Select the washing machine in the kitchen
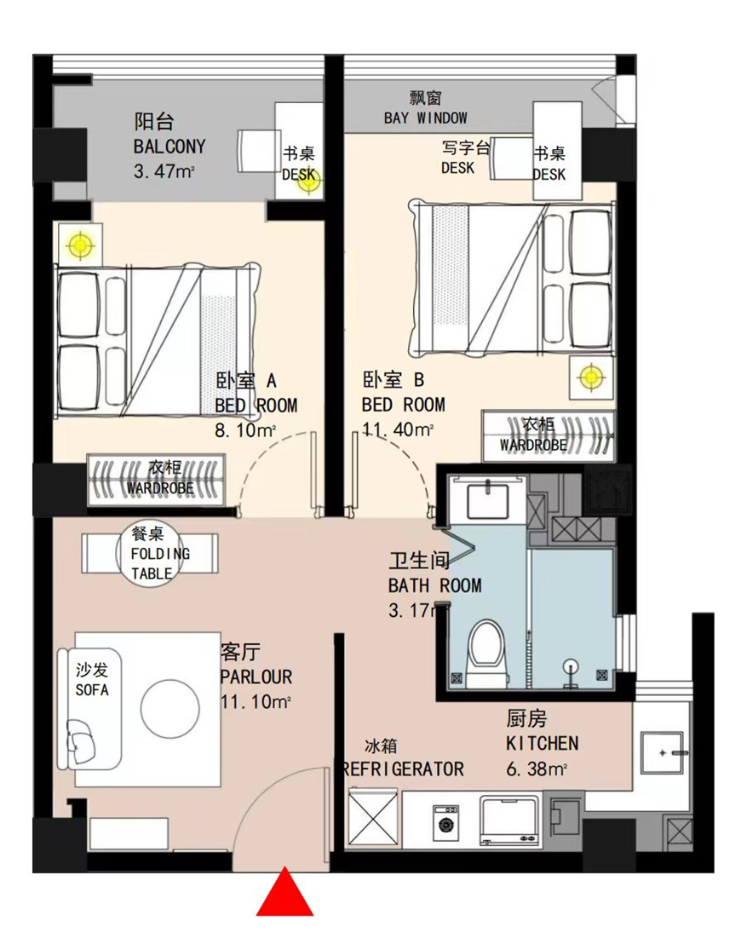pos(445,823)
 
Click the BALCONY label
pos(169,147)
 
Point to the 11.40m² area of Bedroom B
pos(397,429)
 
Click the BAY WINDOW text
pos(425,118)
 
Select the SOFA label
pos(92,690)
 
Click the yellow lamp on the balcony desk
pos(308,181)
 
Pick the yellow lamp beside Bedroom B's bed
pos(590,377)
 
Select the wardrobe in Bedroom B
pos(548,435)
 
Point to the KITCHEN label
pos(542,744)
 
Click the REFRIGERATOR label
pos(403,769)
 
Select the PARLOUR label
pos(256,677)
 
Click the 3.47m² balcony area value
pos(164,172)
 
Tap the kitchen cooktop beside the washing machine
pos(509,821)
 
